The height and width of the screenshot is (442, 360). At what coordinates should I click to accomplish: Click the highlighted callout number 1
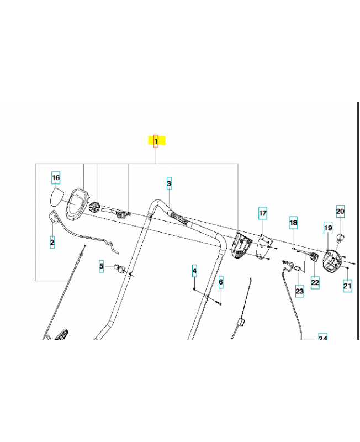(x=156, y=141)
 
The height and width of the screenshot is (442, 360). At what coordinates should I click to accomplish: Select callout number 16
(x=56, y=177)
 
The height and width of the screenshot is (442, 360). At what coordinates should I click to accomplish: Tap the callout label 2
(x=52, y=242)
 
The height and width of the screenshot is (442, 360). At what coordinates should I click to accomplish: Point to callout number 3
(x=169, y=183)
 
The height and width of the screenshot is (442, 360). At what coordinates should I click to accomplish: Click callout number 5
(x=102, y=266)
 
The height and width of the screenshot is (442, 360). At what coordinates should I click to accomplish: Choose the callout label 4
(x=194, y=271)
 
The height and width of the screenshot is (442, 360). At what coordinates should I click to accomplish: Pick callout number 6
(x=221, y=282)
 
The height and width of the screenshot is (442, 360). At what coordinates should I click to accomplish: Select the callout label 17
(x=263, y=213)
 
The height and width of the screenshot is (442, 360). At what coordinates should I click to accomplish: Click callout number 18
(x=294, y=223)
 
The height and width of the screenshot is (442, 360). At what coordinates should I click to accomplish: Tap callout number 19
(x=328, y=228)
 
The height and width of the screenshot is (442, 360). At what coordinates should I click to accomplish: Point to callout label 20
(x=340, y=211)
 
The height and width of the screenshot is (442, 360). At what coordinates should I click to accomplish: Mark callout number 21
(x=347, y=286)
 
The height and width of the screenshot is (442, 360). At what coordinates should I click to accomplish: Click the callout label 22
(x=315, y=282)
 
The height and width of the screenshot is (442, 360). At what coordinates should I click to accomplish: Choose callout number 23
(x=299, y=291)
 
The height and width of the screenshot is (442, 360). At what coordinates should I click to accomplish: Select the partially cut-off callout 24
(x=322, y=337)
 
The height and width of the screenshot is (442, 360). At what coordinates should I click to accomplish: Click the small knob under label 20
(x=341, y=238)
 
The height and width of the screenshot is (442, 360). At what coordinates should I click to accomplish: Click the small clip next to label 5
(x=119, y=268)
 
